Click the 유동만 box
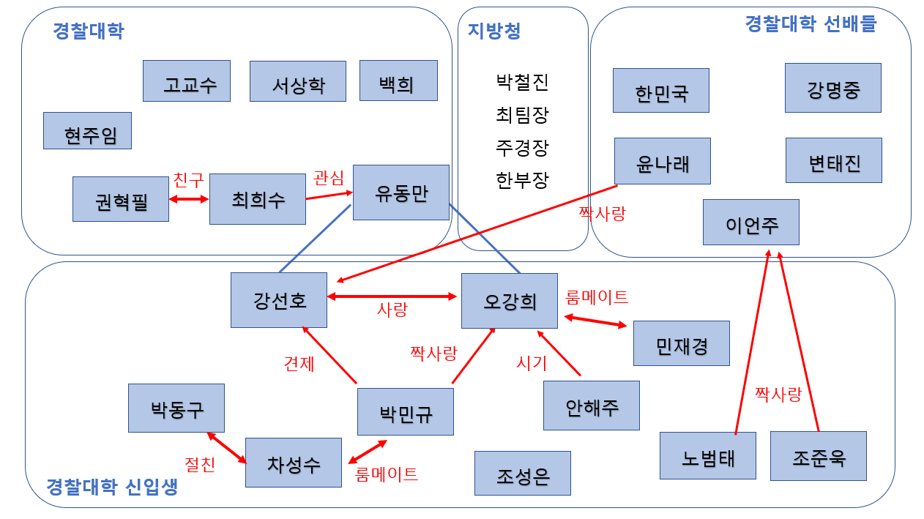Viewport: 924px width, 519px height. (x=400, y=193)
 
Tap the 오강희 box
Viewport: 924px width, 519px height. (x=510, y=300)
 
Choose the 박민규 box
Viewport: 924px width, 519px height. (x=405, y=411)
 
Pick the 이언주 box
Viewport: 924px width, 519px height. (x=750, y=222)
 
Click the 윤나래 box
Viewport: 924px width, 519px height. (x=662, y=161)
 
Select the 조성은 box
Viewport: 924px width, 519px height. (x=522, y=474)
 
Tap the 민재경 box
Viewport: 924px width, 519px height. (x=681, y=343)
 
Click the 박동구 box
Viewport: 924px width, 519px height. (x=176, y=408)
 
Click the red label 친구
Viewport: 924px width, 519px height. (x=188, y=180)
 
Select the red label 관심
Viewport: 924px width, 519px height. (x=328, y=178)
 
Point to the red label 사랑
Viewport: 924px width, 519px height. (x=392, y=310)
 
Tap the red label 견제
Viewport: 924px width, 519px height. (x=299, y=363)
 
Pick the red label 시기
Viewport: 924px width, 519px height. (x=532, y=363)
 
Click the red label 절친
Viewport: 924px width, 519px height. (x=200, y=465)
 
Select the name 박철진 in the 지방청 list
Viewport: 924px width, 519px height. (x=522, y=82)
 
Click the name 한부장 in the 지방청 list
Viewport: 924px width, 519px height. (x=522, y=180)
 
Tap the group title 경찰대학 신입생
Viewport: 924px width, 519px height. (x=111, y=488)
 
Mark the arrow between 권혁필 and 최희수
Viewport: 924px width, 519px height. (x=189, y=198)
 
